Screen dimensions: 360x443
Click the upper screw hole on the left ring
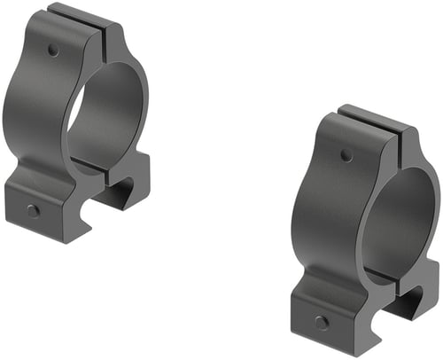pyautogui.click(x=54, y=51)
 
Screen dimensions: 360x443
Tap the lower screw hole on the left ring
pyautogui.click(x=33, y=210)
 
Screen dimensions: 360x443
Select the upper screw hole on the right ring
pyautogui.click(x=346, y=155)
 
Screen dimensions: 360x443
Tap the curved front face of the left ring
pyautogui.click(x=40, y=115)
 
